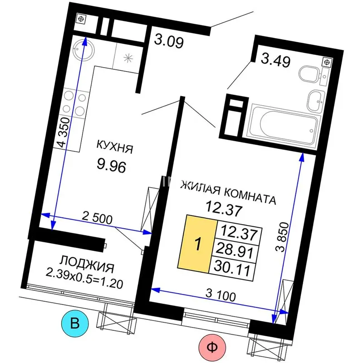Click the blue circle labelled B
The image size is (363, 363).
75,323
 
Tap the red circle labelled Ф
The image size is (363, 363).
212,347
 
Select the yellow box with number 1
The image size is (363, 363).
197,244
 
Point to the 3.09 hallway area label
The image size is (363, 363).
169,41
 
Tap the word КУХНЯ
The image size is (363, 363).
115,147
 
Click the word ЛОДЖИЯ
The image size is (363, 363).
87,264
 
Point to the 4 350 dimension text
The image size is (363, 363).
64,132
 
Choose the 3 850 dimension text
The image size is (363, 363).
283,237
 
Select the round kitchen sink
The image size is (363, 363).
83,50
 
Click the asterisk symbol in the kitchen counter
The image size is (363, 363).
128,58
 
